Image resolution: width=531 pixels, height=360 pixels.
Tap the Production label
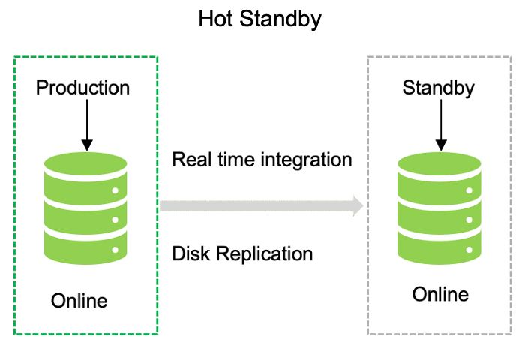tap(82, 88)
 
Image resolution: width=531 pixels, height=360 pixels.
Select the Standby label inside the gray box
tap(439, 88)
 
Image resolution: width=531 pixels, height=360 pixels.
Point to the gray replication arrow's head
tap(358, 205)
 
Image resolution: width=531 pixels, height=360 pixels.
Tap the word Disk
tap(190, 253)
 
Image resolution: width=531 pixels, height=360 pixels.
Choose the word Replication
tap(264, 254)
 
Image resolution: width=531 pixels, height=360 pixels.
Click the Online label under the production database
tap(79, 301)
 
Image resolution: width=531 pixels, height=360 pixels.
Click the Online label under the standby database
tap(440, 293)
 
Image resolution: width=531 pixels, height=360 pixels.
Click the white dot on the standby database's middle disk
tap(468, 220)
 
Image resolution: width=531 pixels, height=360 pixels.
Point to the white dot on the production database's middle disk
tap(115, 220)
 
